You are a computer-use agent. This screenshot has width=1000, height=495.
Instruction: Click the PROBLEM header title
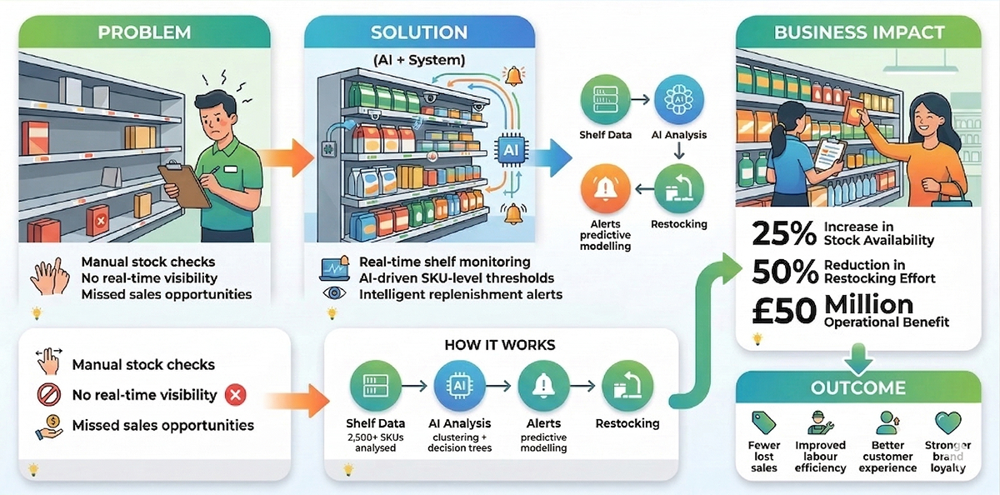click(144, 32)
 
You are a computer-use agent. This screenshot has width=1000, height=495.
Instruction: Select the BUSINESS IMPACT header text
click(859, 32)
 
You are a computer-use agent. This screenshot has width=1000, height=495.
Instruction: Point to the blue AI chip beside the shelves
click(508, 149)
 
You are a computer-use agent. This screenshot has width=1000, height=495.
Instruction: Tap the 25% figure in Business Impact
click(783, 234)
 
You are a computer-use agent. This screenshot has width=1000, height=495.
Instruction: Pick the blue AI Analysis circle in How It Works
click(459, 387)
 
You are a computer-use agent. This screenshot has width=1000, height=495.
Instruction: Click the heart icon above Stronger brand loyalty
click(947, 422)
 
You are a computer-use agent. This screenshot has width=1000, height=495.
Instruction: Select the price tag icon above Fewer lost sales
click(763, 422)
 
